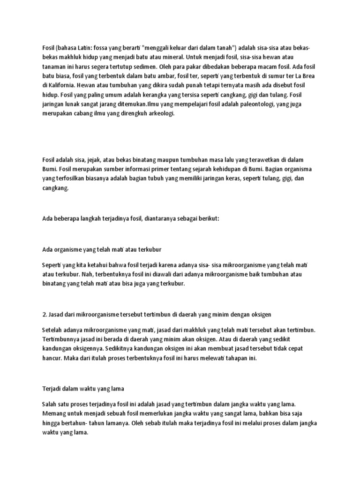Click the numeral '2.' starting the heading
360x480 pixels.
44,314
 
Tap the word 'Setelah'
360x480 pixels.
52,331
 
